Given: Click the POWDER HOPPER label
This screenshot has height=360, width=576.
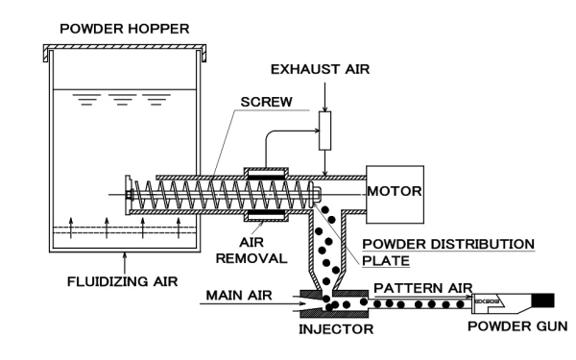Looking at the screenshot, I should point(124,25).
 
